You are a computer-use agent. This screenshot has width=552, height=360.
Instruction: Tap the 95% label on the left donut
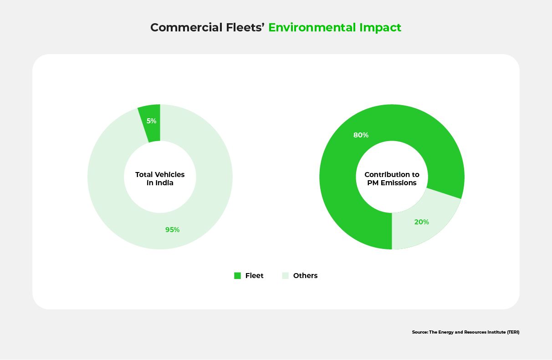pos(172,230)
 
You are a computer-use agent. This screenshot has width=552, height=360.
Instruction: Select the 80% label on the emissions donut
pos(361,135)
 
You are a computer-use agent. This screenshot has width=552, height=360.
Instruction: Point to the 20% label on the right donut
pos(421,222)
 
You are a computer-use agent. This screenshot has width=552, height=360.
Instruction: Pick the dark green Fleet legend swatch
pos(237,275)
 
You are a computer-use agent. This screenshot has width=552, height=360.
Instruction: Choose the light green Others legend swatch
pos(286,275)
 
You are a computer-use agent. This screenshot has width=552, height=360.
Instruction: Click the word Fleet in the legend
pos(254,275)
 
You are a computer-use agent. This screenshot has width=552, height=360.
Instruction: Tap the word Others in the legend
pos(305,275)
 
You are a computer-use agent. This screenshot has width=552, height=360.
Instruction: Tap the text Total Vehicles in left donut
pos(160,175)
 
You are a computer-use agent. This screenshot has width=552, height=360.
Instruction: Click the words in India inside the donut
pos(160,183)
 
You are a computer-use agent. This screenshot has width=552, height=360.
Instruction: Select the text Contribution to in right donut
pos(392,175)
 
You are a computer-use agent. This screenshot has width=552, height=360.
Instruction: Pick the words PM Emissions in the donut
pos(392,183)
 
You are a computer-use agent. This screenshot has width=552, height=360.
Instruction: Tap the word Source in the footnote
pos(419,332)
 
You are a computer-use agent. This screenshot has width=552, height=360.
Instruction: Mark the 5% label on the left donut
pos(151,121)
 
